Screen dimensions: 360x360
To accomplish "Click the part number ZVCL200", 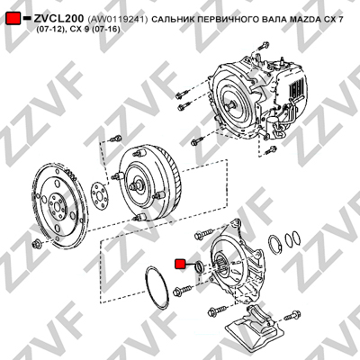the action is [58, 18].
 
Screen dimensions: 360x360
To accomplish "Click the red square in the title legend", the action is [13, 18].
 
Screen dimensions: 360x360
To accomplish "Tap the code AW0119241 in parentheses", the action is [118, 20].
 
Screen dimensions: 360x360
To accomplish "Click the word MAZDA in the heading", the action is [304, 20].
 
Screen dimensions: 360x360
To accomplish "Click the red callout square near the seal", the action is [180, 264].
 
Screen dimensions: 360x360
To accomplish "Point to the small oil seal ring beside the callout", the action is [199, 267].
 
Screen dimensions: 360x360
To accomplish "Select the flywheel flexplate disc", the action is [60, 205].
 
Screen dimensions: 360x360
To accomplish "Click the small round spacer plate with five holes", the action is [100, 195].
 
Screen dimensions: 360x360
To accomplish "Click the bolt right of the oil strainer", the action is [292, 315].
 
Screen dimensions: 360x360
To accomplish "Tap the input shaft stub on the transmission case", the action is [231, 105].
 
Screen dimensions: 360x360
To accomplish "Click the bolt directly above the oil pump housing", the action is [202, 234].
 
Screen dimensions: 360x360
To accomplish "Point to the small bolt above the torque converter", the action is [115, 139].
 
